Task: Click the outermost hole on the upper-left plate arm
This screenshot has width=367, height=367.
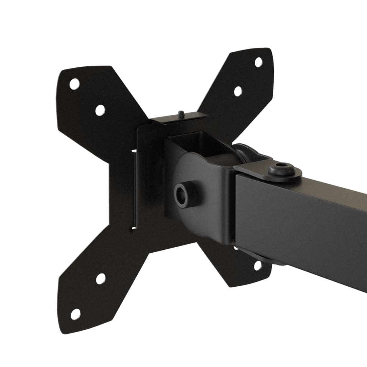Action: [74, 84]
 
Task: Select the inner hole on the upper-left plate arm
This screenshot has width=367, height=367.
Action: [100, 110]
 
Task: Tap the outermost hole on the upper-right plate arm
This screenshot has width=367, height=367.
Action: [258, 62]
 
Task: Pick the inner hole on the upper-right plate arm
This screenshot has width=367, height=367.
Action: [238, 91]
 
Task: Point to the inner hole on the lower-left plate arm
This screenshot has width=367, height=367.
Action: [101, 278]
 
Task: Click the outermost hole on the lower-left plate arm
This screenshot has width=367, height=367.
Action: [75, 314]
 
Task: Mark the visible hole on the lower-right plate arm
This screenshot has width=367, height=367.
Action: [257, 266]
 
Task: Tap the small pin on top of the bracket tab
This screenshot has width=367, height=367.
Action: [181, 114]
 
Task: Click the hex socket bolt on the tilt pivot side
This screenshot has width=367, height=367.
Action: [181, 195]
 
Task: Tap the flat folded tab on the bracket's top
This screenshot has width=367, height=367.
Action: [179, 120]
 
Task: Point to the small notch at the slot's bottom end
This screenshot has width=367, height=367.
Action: [134, 228]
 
